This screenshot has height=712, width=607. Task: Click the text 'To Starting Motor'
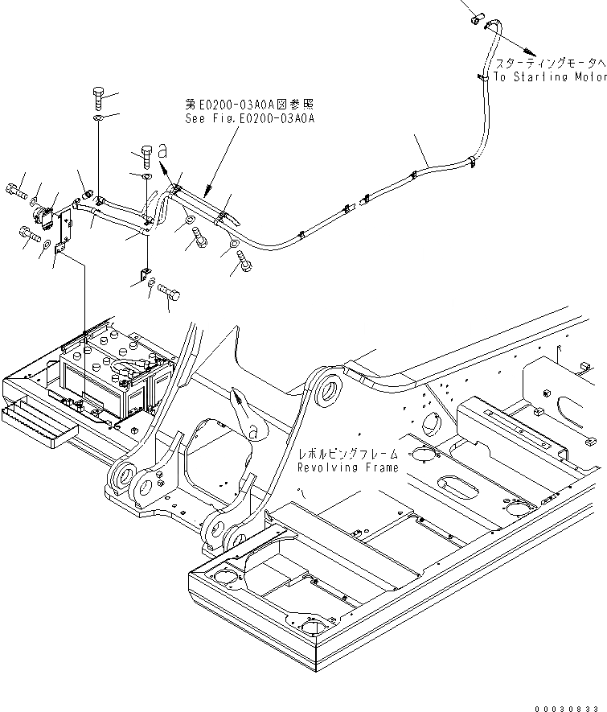click(x=549, y=77)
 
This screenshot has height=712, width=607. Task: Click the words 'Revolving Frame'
click(x=347, y=467)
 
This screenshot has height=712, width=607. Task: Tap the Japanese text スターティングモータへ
click(x=549, y=63)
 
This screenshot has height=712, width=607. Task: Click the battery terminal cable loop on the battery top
click(x=129, y=369)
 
